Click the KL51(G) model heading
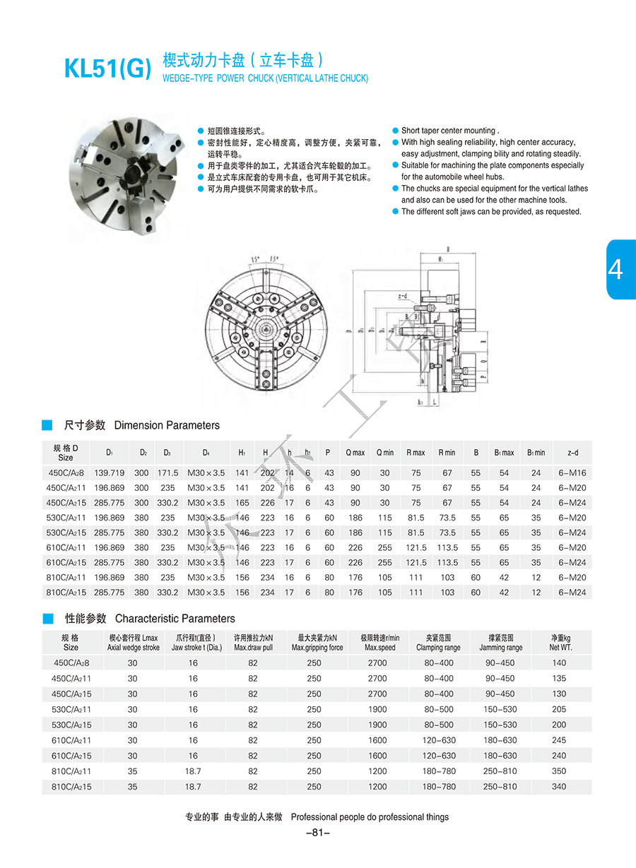pyautogui.click(x=107, y=68)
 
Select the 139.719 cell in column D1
pyautogui.click(x=109, y=472)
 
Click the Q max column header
pyautogui.click(x=355, y=453)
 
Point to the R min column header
pyautogui.click(x=447, y=453)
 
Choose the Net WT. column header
pyautogui.click(x=561, y=643)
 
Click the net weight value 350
pyautogui.click(x=560, y=771)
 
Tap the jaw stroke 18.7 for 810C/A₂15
pyautogui.click(x=193, y=787)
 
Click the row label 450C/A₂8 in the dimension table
pyautogui.click(x=66, y=472)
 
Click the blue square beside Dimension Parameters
pyautogui.click(x=47, y=425)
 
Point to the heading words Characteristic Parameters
pyautogui.click(x=175, y=619)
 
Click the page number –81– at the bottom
pyautogui.click(x=317, y=833)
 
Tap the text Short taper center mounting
pyautogui.click(x=449, y=131)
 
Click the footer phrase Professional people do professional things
pyautogui.click(x=370, y=817)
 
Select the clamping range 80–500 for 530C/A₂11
pyautogui.click(x=438, y=709)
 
